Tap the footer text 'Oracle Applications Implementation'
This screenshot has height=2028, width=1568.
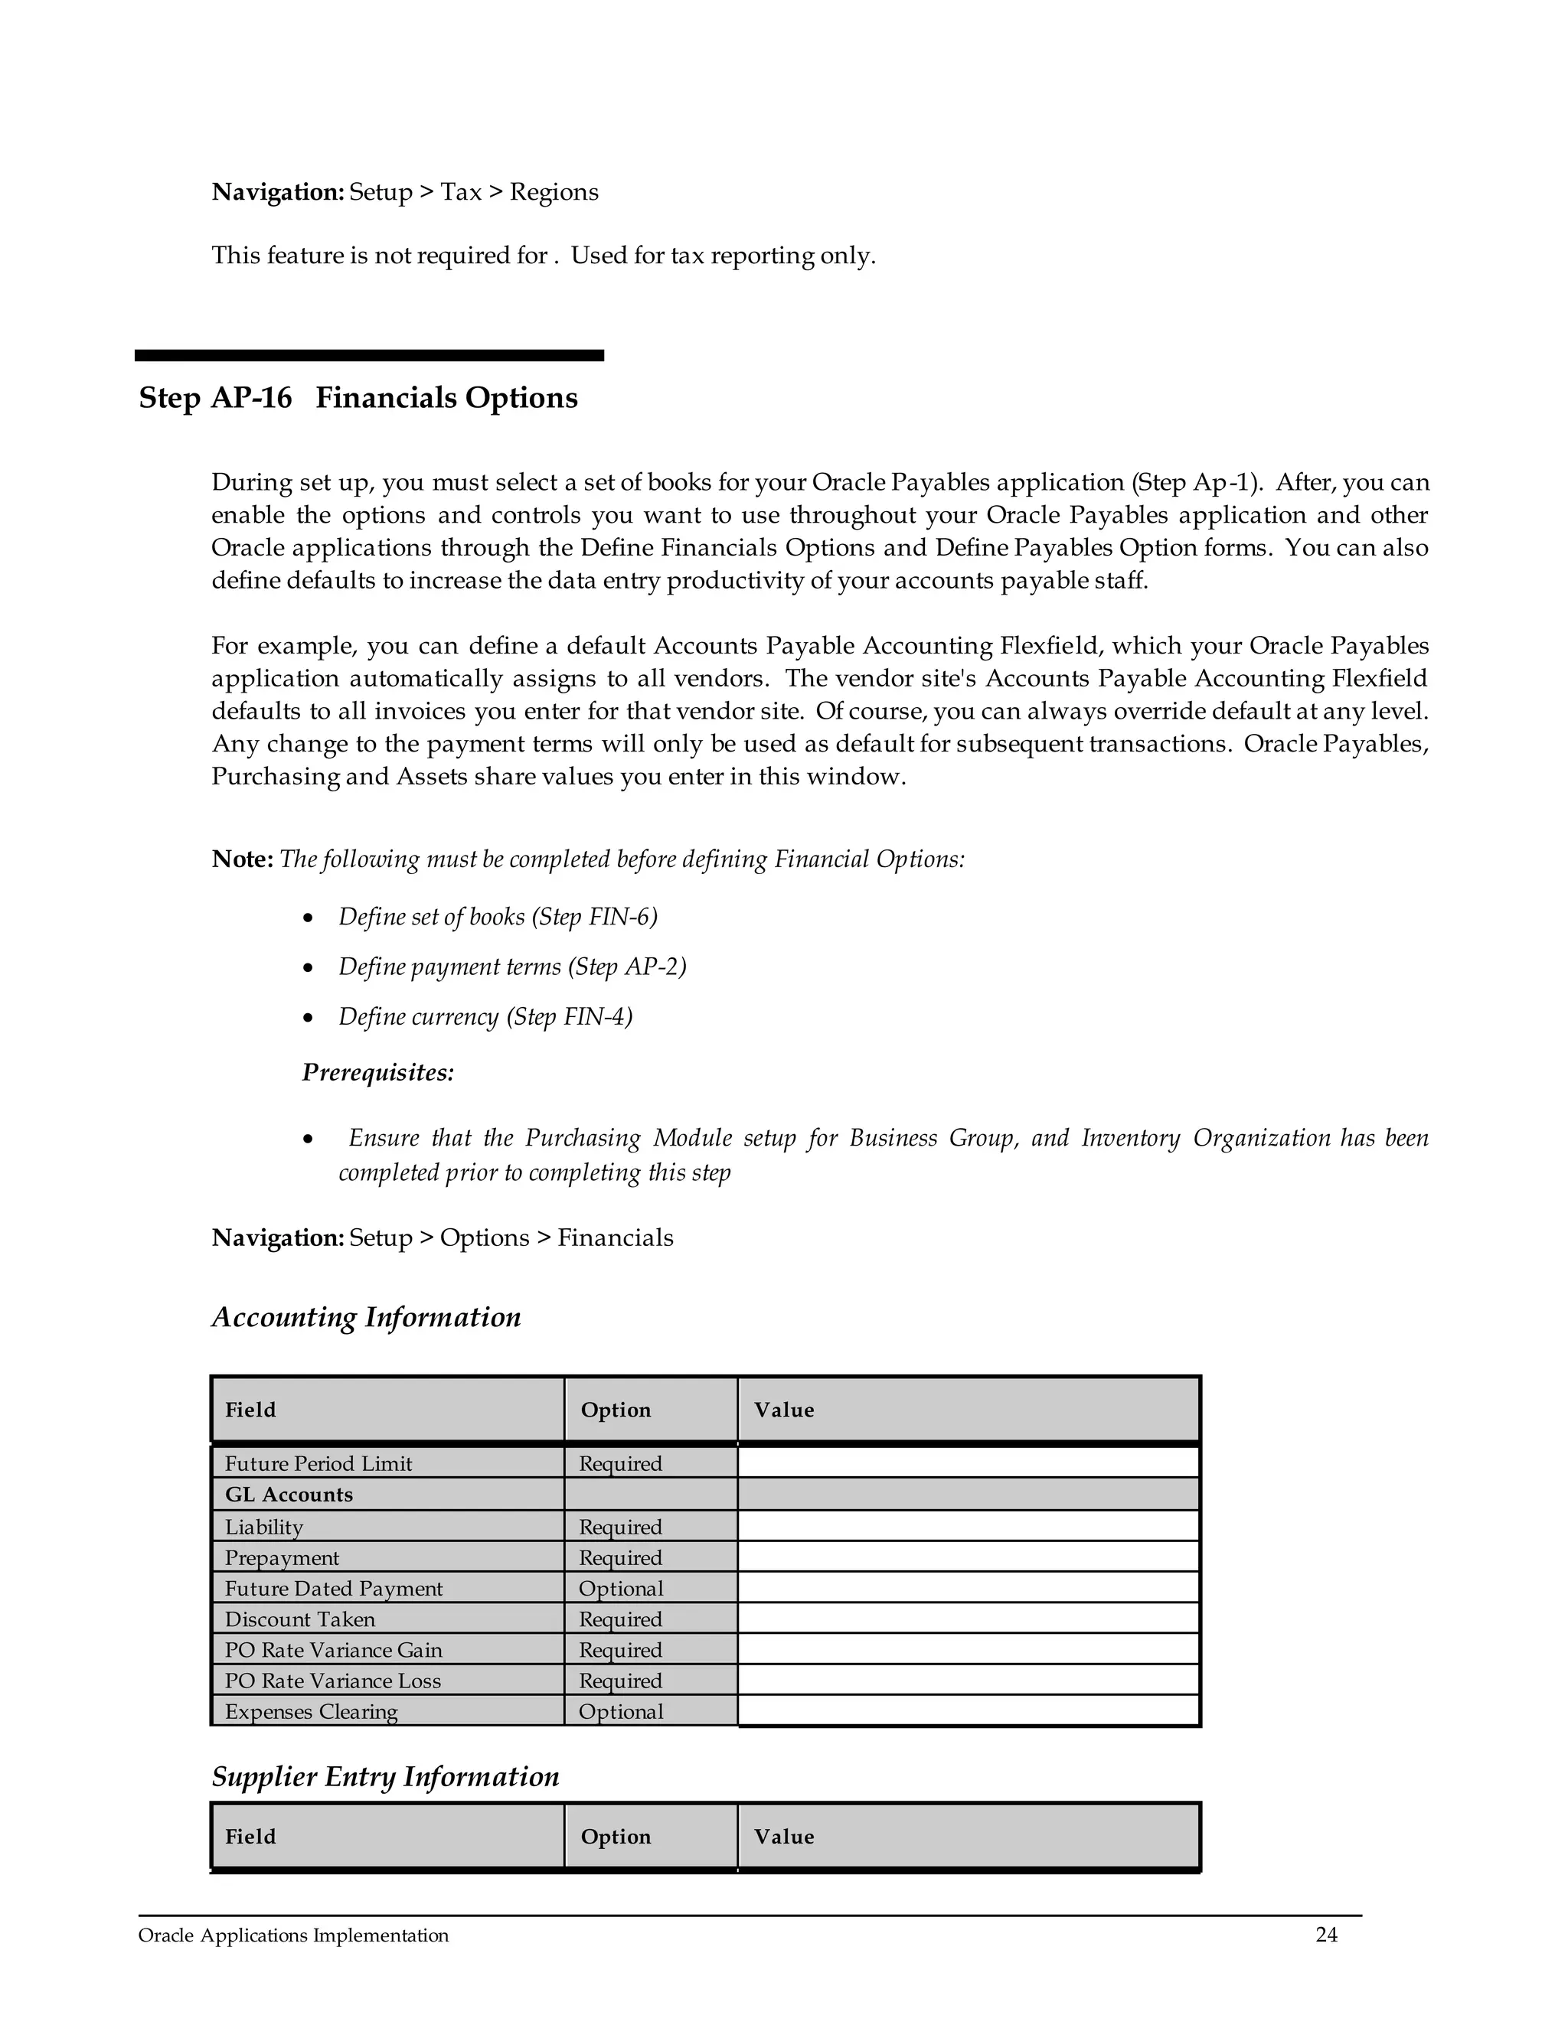pos(292,1935)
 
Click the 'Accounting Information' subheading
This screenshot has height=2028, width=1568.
pos(366,1317)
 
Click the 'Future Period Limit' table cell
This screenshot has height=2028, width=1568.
pos(318,1463)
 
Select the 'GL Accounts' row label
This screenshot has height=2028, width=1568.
pos(288,1494)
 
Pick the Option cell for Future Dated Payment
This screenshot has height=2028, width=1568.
pos(620,1588)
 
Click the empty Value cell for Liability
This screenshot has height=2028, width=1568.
pos(968,1526)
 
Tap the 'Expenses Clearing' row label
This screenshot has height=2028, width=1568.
pos(310,1710)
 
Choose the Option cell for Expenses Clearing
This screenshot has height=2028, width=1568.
pos(620,1710)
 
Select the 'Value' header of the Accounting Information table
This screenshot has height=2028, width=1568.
pos(783,1410)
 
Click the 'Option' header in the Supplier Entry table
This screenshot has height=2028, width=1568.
pos(615,1836)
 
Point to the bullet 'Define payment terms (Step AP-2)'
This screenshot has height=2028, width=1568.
pos(512,967)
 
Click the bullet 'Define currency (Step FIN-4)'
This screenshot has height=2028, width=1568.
pos(485,1017)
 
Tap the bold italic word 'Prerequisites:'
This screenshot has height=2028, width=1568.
pos(377,1072)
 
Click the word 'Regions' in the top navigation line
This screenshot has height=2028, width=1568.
pos(554,192)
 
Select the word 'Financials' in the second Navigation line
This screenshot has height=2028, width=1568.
pos(615,1237)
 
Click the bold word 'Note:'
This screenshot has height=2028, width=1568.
pos(241,859)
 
